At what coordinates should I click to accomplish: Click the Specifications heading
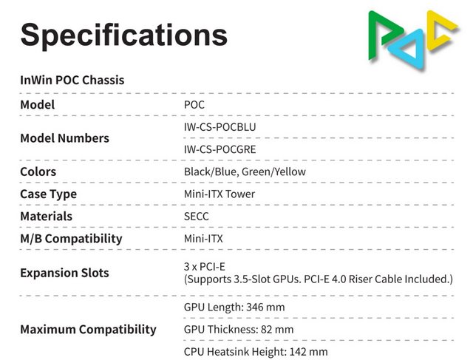123,35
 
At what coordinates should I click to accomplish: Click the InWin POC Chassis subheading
72,80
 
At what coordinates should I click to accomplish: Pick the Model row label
37,104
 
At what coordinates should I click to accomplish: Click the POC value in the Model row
194,104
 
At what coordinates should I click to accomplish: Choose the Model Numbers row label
64,138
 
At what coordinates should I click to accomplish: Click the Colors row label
38,171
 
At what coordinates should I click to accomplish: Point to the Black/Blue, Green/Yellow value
245,171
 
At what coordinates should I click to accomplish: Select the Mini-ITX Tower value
220,194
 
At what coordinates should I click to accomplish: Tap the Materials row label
46,216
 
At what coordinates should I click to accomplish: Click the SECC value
196,216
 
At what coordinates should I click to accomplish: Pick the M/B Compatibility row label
71,239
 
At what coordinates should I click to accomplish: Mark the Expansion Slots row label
64,273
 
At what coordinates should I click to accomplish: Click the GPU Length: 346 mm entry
234,307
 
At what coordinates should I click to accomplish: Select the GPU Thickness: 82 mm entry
238,329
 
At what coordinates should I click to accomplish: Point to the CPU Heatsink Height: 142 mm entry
256,351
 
